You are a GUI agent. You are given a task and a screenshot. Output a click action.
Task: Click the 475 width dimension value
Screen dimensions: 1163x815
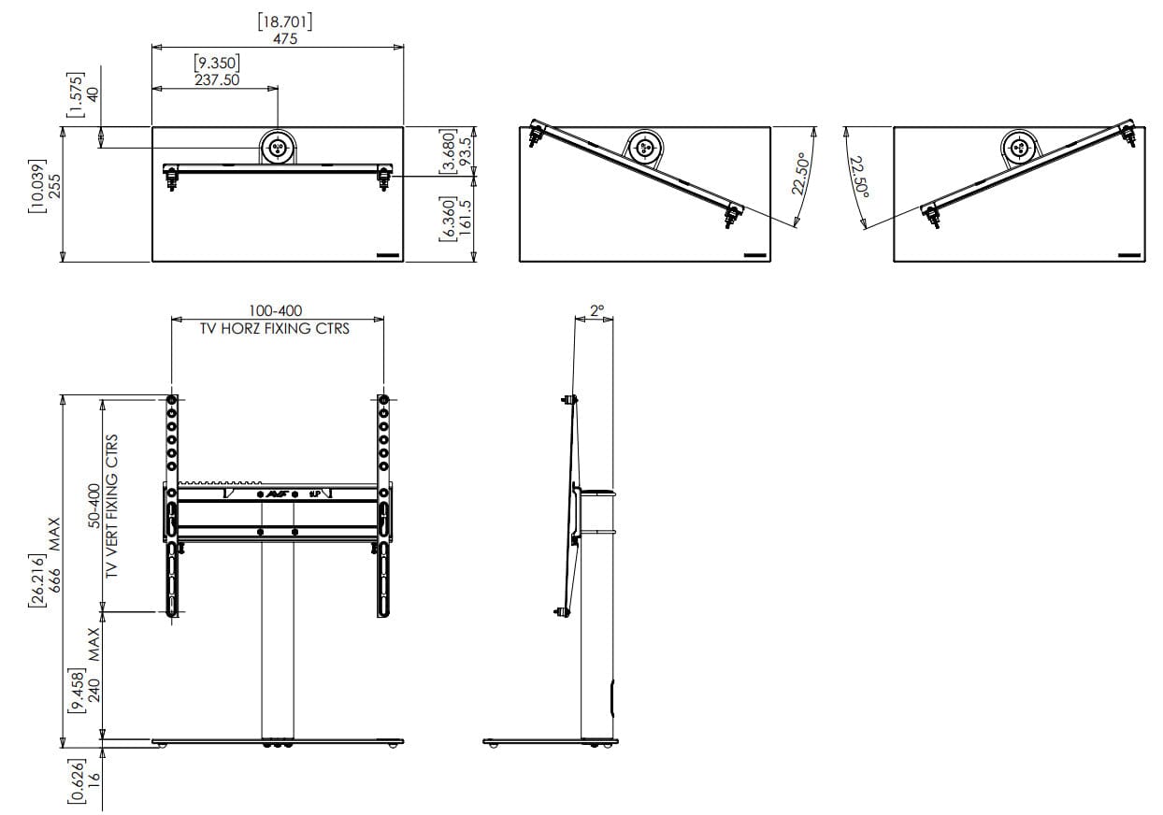coord(285,38)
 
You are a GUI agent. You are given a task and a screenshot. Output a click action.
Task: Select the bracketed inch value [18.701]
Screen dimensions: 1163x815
coord(285,21)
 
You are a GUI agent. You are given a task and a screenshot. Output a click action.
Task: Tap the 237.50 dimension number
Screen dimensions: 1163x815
coord(217,80)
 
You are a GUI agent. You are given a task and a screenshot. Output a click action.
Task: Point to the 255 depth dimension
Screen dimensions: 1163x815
coord(54,186)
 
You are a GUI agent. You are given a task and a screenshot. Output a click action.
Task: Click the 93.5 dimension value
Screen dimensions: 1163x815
coord(465,150)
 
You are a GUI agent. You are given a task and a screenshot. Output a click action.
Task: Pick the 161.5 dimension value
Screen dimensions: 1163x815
coord(465,218)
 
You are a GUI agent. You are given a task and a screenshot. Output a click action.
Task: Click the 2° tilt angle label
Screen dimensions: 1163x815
coord(597,310)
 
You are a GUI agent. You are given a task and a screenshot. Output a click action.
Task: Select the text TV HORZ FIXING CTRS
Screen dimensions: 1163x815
coord(275,329)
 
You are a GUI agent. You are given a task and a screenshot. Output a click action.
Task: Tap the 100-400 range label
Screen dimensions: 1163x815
coord(275,311)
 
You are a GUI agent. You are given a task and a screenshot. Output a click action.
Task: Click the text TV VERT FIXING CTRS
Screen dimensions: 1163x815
coord(111,507)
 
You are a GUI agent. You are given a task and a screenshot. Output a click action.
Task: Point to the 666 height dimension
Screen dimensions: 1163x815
coord(54,580)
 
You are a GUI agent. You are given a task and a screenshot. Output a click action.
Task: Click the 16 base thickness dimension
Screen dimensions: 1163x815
coord(93,777)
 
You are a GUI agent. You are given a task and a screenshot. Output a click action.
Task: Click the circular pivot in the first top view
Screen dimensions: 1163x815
coord(278,148)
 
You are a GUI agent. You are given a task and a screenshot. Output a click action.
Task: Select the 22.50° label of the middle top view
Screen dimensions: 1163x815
coord(801,174)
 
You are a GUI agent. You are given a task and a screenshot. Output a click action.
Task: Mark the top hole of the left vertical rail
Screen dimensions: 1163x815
coord(171,400)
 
